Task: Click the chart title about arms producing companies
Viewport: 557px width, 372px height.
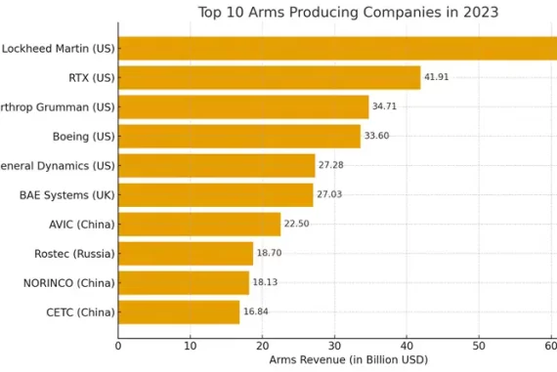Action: pos(348,13)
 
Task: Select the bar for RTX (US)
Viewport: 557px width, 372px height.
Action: pos(269,77)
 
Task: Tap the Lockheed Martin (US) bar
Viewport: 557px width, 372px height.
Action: pos(337,48)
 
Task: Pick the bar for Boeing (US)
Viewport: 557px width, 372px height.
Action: pos(239,136)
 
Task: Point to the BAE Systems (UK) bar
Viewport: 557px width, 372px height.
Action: pos(215,194)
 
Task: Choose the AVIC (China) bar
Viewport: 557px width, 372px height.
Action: pos(199,224)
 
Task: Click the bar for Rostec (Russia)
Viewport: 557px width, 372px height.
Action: pos(186,253)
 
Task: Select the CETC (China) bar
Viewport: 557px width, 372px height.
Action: pos(179,311)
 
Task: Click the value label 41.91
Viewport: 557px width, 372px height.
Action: pos(436,77)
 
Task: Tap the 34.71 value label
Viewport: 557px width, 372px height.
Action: pos(384,106)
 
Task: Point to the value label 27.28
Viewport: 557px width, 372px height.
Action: pos(330,165)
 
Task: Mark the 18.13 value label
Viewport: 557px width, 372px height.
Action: pos(265,282)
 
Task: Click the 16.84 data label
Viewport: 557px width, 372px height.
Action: pos(255,311)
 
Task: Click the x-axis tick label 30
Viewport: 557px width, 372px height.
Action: pos(334,344)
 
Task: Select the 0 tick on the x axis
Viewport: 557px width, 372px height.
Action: pos(118,344)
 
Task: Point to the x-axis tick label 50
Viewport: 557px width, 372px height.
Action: pos(479,344)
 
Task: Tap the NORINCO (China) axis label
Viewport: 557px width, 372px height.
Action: pos(68,282)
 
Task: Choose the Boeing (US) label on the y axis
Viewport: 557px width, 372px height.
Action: pos(83,136)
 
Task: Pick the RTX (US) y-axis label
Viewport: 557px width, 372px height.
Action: pos(91,77)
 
